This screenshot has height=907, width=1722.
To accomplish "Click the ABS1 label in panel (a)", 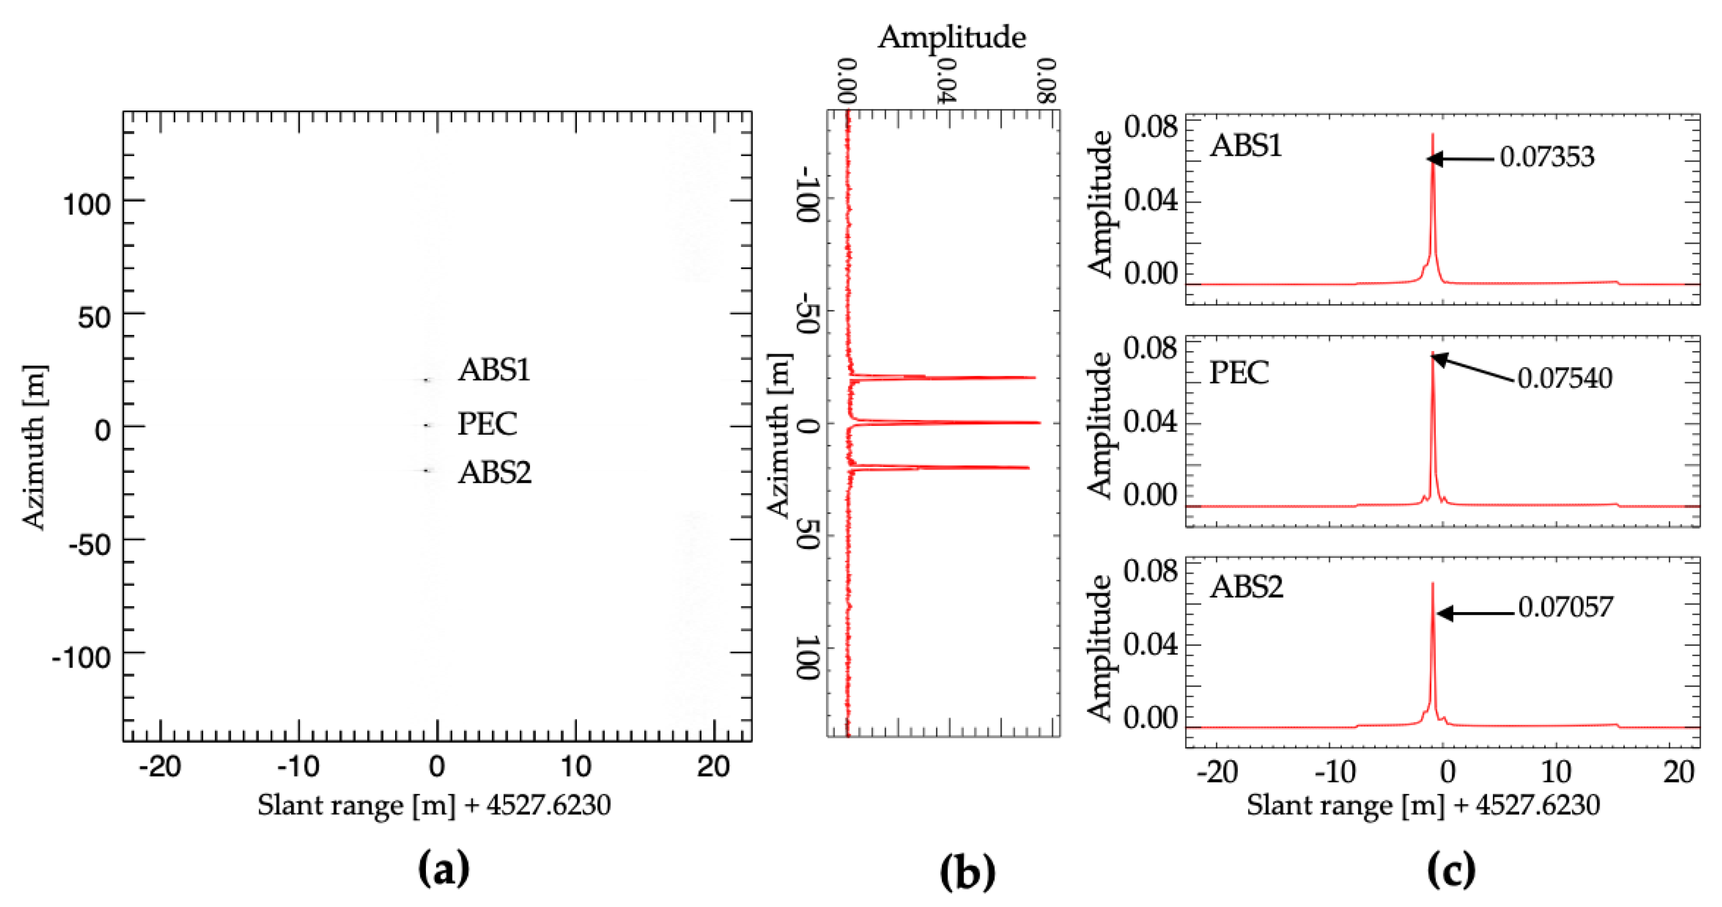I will tap(494, 369).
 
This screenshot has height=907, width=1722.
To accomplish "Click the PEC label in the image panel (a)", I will tap(487, 423).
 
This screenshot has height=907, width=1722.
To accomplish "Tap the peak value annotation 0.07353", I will tap(1547, 157).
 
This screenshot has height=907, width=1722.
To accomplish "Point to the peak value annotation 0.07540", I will tap(1564, 379).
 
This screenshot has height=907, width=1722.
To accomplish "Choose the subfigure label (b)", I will tap(967, 871).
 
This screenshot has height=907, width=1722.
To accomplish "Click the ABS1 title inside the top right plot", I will tap(1246, 145).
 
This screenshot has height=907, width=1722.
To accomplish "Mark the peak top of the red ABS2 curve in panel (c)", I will tap(1432, 583).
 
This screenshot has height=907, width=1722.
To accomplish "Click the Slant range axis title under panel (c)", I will tap(1423, 805).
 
